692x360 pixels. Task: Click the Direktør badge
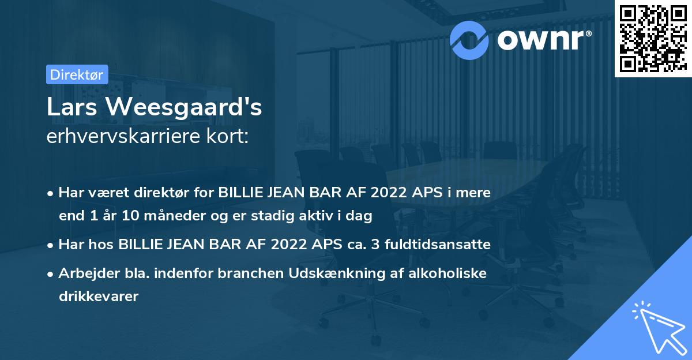[77, 74]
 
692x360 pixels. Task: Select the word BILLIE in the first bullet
[242, 193]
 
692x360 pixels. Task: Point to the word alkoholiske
[445, 273]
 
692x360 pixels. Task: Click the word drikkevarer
[99, 297]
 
